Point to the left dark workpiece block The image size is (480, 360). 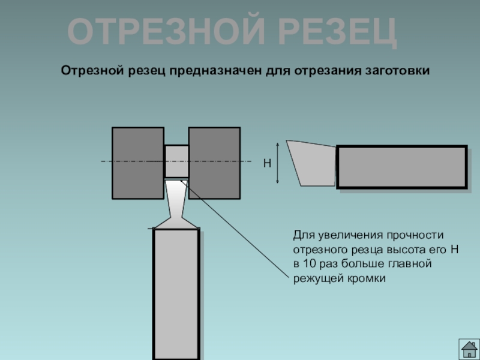[138, 163]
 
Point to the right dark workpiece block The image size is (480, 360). [214, 163]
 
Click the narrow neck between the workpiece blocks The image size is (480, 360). [176, 161]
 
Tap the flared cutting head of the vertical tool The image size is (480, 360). [176, 207]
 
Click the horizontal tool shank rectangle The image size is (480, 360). [401, 167]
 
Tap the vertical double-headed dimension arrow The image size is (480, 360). [278, 163]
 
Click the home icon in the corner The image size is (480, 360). [469, 349]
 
